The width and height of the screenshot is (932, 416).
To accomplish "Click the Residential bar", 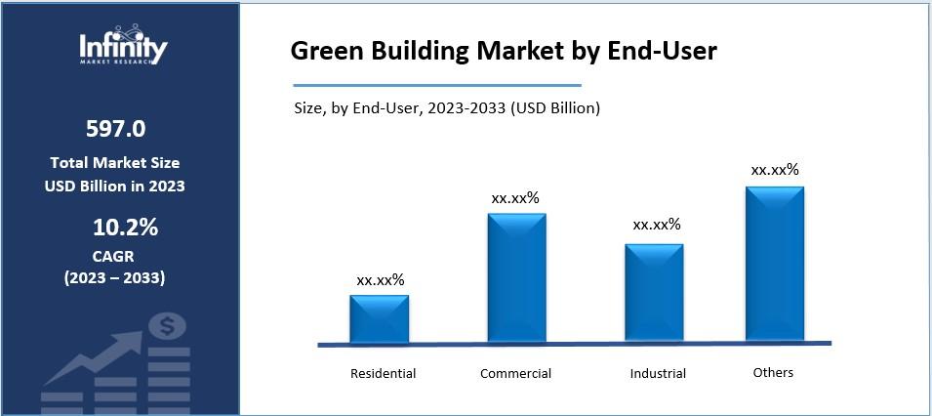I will pyautogui.click(x=380, y=318).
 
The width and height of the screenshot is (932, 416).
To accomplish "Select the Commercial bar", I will pyautogui.click(x=517, y=278).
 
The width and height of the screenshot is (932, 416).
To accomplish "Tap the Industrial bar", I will pyautogui.click(x=654, y=293).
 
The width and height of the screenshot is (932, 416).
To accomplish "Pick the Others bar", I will pyautogui.click(x=775, y=264).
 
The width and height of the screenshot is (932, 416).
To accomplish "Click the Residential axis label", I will pyautogui.click(x=383, y=373).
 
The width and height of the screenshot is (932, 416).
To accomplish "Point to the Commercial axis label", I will pyautogui.click(x=515, y=373).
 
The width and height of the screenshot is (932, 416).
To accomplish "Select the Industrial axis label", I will pyautogui.click(x=658, y=373).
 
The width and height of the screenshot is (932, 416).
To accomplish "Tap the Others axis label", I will pyautogui.click(x=773, y=372).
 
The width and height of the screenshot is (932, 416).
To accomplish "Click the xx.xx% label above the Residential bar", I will pyautogui.click(x=381, y=280).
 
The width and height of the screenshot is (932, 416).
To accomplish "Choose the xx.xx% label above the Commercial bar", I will pyautogui.click(x=515, y=198).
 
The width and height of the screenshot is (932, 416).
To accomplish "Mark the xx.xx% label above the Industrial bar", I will pyautogui.click(x=657, y=225).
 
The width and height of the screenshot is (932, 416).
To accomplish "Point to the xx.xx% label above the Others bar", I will pyautogui.click(x=775, y=170).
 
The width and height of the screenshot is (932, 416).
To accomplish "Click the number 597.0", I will pyautogui.click(x=115, y=129).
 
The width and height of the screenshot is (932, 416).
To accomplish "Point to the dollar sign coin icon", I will pyautogui.click(x=169, y=326).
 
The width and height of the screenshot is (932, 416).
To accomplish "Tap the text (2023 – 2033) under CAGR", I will pyautogui.click(x=115, y=278).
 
